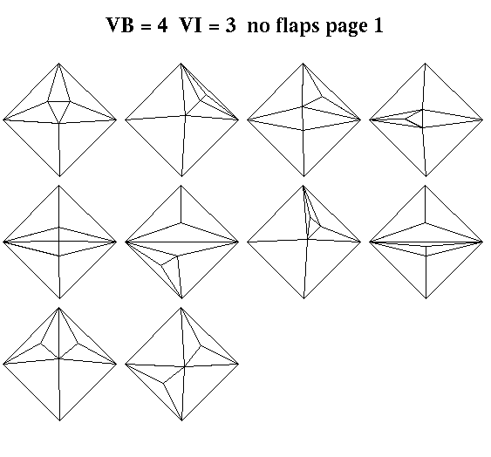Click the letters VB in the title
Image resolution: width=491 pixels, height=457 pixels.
120,24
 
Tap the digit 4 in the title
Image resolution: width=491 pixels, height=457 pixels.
162,24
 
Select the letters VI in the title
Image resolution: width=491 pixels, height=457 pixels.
191,24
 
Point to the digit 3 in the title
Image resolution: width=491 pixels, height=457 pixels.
230,24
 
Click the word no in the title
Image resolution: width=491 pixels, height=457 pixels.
259,27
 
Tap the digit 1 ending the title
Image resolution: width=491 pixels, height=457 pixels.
378,24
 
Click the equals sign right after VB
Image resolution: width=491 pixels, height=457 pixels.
146,26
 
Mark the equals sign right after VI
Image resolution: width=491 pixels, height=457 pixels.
214,26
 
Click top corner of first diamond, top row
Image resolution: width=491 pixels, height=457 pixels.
59,64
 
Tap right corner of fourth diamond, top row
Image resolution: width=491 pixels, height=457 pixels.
483,119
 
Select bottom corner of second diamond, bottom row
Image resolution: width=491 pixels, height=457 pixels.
181,420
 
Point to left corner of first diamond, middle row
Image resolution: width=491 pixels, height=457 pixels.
3,242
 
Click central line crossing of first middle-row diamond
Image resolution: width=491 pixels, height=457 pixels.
59,242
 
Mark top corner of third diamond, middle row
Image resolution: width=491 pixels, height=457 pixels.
303,186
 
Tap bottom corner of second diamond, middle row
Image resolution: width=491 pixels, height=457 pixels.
181,298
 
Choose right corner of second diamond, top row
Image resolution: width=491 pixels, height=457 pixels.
239,119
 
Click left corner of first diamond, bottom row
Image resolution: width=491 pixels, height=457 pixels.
3,364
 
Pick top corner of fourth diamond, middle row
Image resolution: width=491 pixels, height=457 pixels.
426,186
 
